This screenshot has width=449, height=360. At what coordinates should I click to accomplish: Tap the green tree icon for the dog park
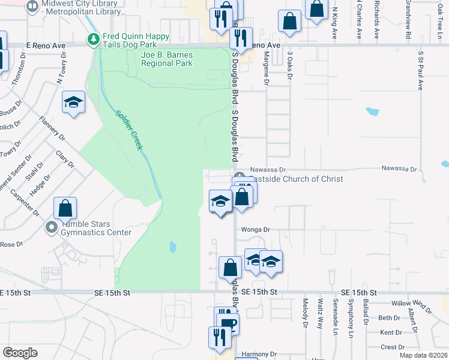point(93,40)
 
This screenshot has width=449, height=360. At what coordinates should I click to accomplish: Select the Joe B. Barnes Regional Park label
point(166,59)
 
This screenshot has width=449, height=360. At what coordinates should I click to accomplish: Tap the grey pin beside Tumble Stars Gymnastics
point(52,227)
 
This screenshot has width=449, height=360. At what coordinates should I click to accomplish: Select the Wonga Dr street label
point(256,229)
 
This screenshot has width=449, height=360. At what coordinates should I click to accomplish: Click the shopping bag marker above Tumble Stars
point(65,208)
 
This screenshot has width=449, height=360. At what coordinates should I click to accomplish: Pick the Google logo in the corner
point(20,353)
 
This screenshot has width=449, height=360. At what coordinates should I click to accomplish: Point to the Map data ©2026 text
point(423,355)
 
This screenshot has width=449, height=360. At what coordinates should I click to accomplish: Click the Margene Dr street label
point(267,66)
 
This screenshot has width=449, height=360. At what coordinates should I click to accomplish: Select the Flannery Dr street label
point(52,128)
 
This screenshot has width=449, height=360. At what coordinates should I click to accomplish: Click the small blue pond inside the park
point(172,246)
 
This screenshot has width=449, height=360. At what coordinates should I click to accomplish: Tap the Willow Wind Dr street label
point(411,307)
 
